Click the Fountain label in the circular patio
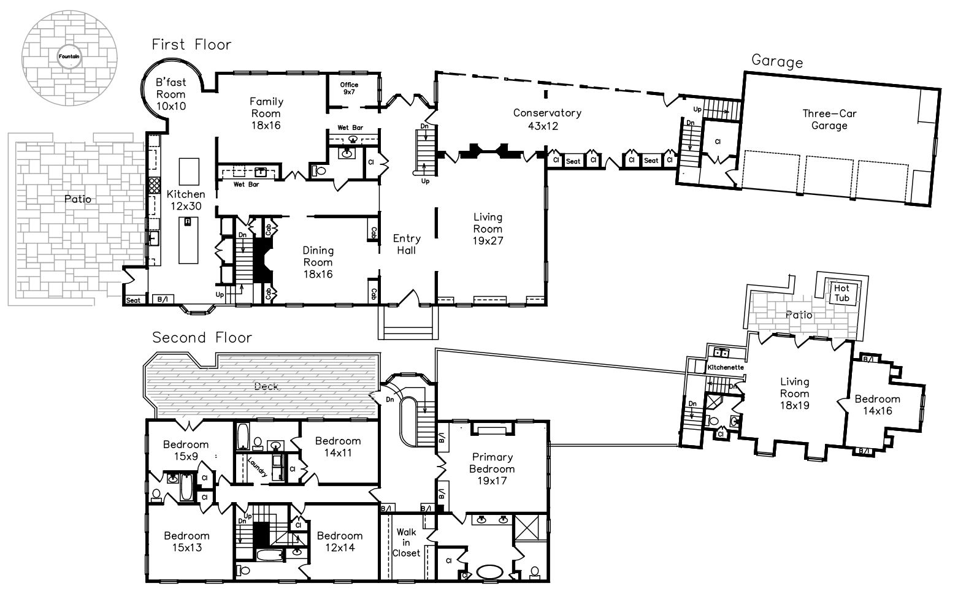(69, 56)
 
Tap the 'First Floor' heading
(191, 45)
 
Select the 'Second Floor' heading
(202, 337)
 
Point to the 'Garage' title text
(777, 61)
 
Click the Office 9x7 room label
(349, 88)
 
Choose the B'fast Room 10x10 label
(171, 94)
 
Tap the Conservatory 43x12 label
(547, 120)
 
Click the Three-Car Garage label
(829, 120)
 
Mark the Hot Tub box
(843, 294)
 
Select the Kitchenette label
(726, 367)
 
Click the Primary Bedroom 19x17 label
(492, 469)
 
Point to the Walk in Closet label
(406, 542)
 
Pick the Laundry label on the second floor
(258, 467)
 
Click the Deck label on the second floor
(266, 387)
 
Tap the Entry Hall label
(407, 244)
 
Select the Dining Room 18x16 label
(318, 262)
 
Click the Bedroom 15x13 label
(187, 541)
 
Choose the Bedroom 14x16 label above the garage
(877, 405)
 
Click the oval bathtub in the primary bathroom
(489, 572)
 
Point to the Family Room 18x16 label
(266, 113)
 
